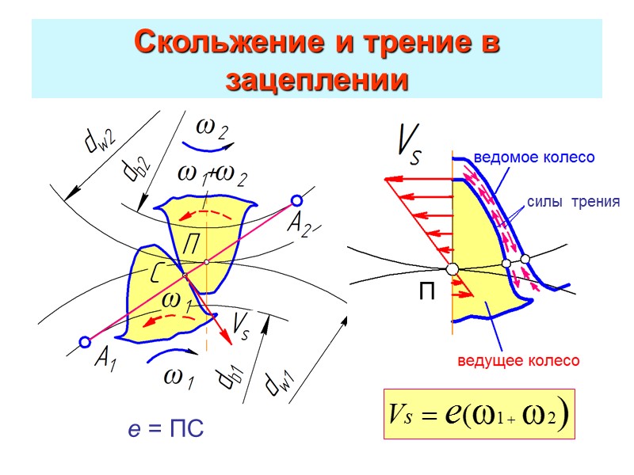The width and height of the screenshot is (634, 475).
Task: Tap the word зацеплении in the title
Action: tap(317, 79)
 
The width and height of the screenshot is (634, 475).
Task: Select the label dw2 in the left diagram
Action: tap(99, 138)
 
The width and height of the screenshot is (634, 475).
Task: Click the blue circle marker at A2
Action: tap(296, 200)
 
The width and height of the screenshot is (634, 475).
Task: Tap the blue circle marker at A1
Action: tap(85, 343)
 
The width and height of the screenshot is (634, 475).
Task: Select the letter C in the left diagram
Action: tap(156, 275)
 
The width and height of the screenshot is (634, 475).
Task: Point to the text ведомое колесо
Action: tap(533, 158)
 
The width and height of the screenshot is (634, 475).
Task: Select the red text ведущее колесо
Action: tap(518, 361)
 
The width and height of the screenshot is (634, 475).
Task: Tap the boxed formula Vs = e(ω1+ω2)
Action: tap(479, 414)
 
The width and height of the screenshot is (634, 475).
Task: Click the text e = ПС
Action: tap(166, 429)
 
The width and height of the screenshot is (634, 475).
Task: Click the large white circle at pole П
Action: tap(452, 269)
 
